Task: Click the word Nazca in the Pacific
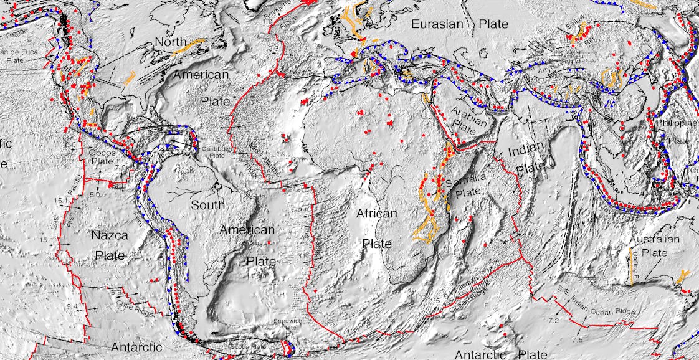click(110, 235)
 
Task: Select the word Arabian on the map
click(469, 113)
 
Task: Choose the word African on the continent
click(376, 214)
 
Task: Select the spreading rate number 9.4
click(73, 306)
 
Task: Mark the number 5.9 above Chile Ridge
click(115, 291)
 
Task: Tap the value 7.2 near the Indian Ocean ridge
click(553, 320)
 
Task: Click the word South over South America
click(207, 205)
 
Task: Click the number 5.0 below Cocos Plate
click(95, 195)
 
